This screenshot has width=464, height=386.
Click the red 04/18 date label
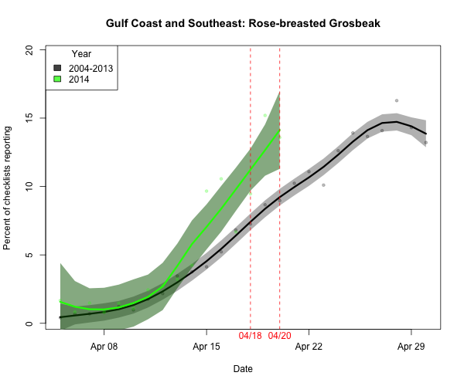click(x=251, y=338)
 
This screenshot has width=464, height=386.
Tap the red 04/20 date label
click(x=279, y=338)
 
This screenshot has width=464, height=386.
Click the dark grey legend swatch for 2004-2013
click(x=57, y=68)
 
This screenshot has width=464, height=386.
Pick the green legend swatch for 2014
click(x=57, y=79)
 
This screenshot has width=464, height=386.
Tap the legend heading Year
click(x=82, y=54)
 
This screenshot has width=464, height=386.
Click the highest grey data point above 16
click(x=397, y=100)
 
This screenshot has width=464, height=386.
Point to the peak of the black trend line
click(x=396, y=121)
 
